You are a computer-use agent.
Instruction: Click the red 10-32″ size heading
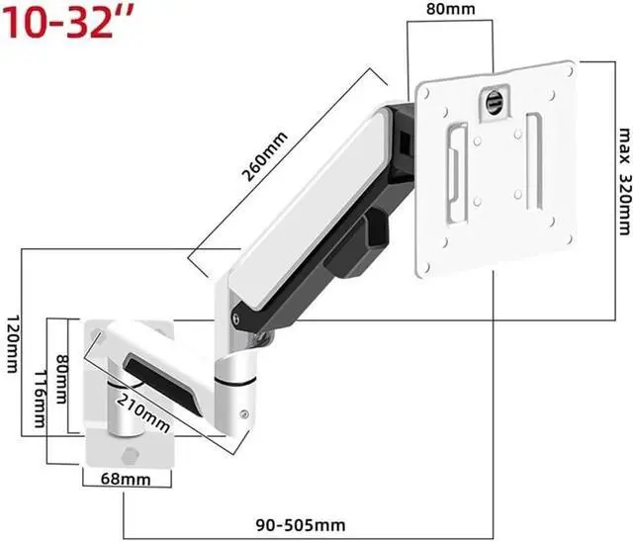click(68, 23)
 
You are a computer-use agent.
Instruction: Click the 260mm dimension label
click(264, 156)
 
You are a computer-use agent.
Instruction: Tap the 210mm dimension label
click(143, 412)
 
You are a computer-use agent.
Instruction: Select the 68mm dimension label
click(126, 479)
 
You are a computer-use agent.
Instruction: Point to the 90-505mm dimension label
click(301, 525)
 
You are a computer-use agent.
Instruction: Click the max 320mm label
click(624, 181)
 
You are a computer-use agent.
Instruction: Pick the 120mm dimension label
click(13, 344)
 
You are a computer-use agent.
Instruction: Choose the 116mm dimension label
click(40, 400)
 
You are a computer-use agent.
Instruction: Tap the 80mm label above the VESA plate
click(451, 9)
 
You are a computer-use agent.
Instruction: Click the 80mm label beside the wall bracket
click(61, 379)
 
